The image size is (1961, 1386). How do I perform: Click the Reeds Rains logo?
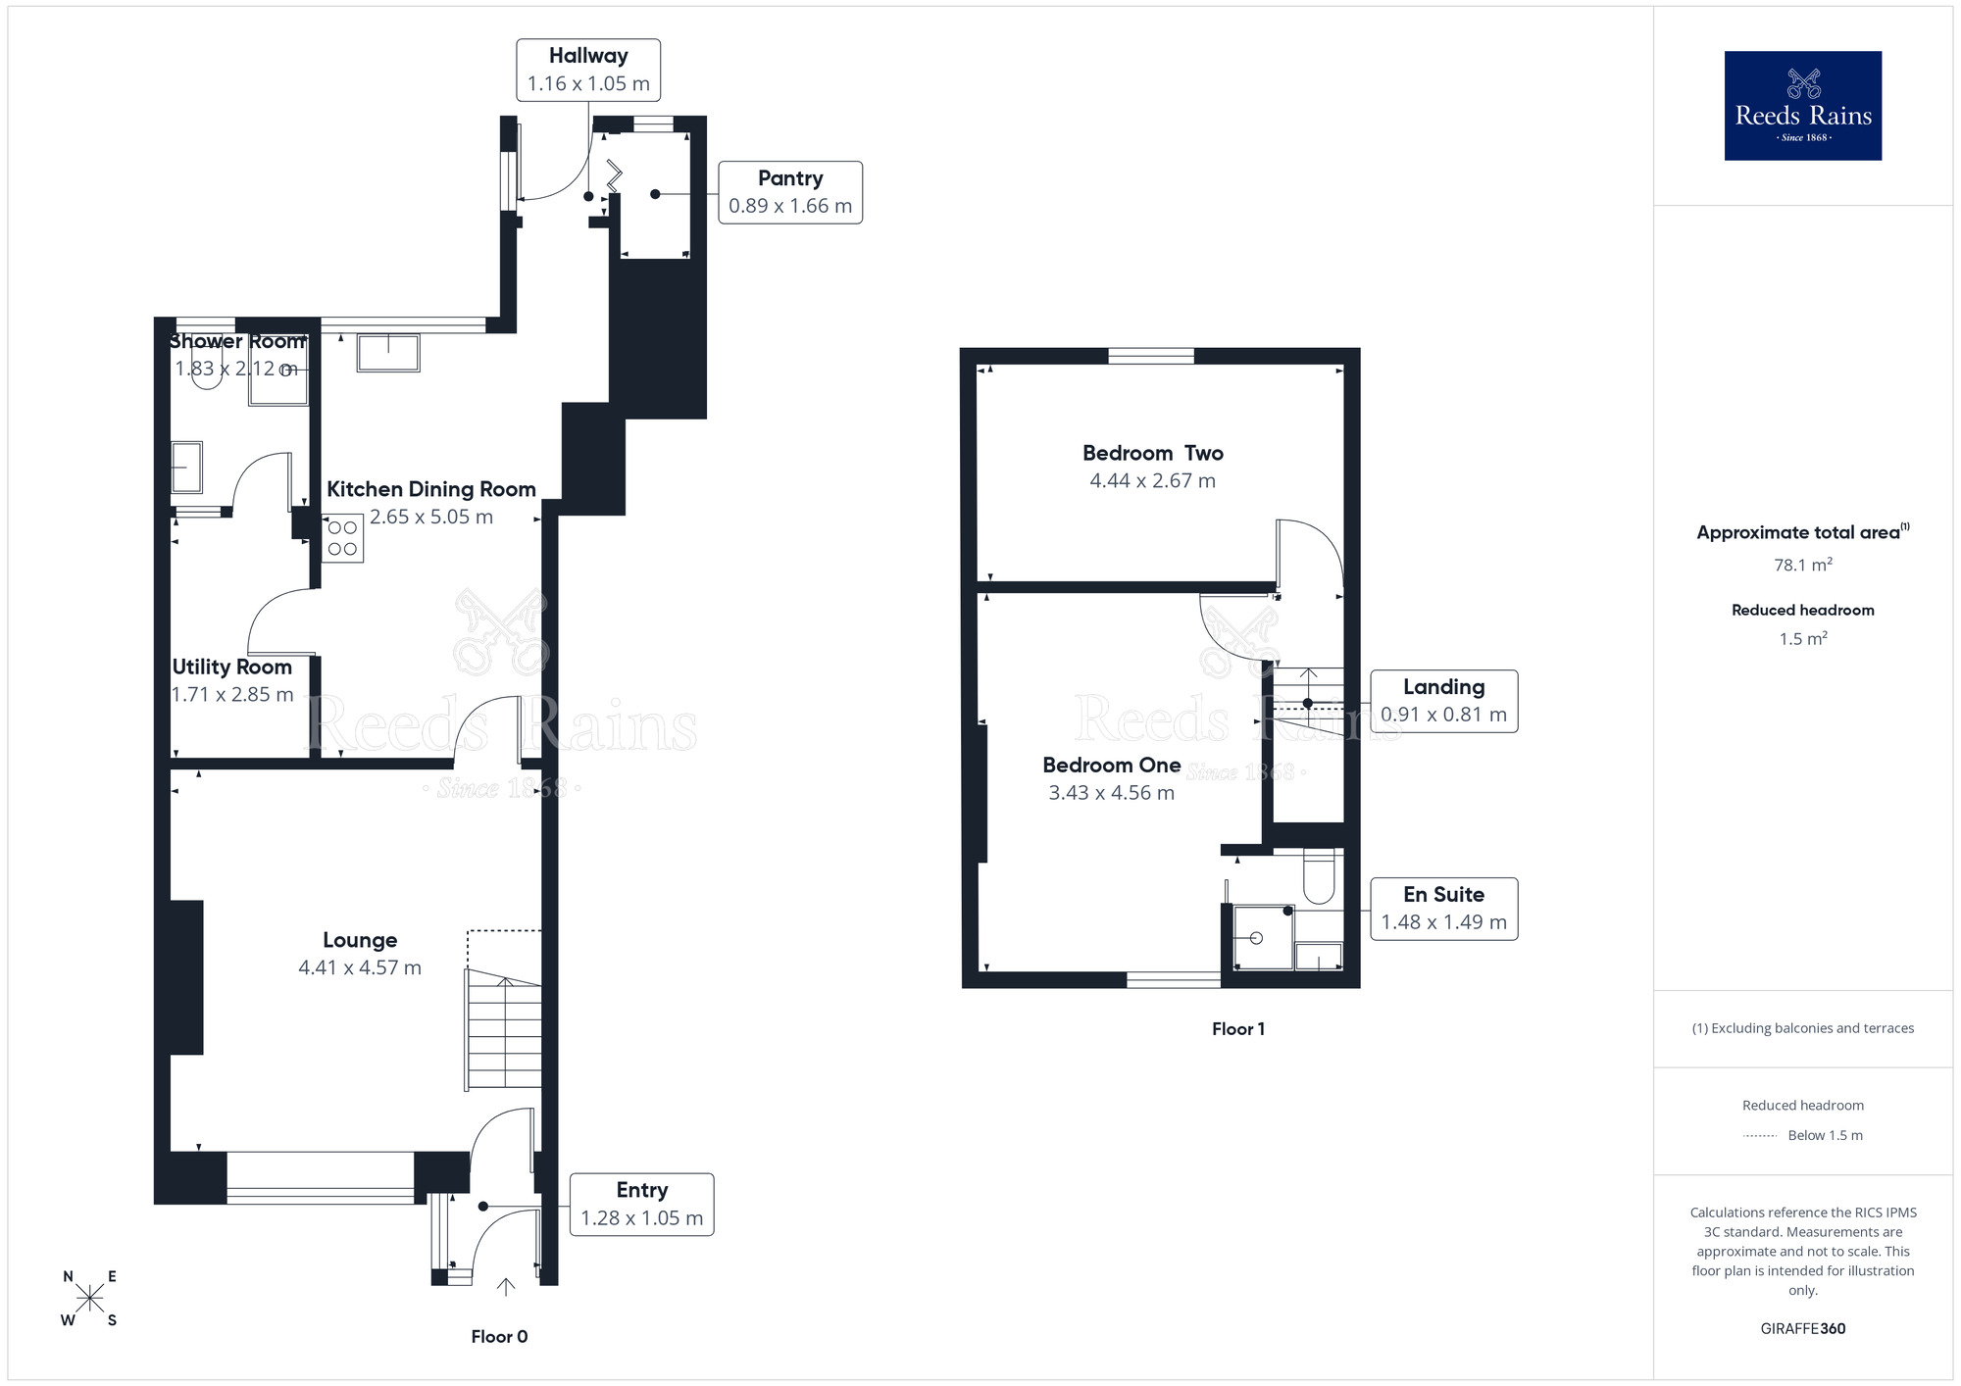coord(1802,106)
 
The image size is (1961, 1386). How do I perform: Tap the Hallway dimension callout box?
coord(588,70)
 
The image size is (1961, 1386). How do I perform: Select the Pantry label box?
coord(790,192)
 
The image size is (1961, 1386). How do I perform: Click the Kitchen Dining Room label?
coord(430,489)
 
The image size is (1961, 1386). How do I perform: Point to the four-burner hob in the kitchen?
coord(342,538)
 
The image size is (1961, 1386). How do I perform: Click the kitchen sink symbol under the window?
coord(388,353)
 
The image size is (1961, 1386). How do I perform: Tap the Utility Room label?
coord(232,668)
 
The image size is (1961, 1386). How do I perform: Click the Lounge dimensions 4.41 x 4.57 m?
coord(360,968)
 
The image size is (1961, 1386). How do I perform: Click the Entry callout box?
coord(641,1204)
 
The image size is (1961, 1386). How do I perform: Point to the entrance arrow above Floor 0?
coord(506,1287)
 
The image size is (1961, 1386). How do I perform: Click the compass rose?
coord(89,1299)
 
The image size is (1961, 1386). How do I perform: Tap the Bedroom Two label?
coord(1152,453)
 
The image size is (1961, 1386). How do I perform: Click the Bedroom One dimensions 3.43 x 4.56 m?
coord(1111,793)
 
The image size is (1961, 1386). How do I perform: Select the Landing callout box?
coord(1443,701)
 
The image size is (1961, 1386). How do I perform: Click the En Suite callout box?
coord(1443,909)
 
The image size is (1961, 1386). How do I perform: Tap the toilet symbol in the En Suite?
coord(1319,875)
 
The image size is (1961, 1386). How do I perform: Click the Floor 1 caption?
coord(1237,1029)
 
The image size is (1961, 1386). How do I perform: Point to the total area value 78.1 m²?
coord(1802,566)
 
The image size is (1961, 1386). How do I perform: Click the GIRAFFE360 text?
coord(1802,1329)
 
